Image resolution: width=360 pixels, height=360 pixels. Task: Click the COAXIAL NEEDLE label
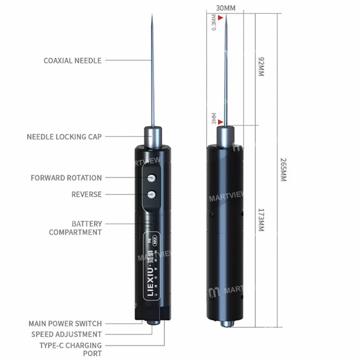coord(72,60)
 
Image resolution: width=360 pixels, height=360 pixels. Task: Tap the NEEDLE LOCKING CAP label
coord(64,137)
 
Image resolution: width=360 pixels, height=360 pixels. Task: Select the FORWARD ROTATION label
coord(66,178)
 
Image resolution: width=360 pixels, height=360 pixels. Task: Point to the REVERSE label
coord(86,194)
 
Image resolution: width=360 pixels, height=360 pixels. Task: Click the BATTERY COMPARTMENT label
coord(76,228)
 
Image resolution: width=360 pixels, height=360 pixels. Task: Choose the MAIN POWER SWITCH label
coord(65,324)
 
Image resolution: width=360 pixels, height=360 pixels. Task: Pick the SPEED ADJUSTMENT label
coord(66,334)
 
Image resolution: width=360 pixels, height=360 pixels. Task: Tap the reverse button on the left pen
coord(152,195)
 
